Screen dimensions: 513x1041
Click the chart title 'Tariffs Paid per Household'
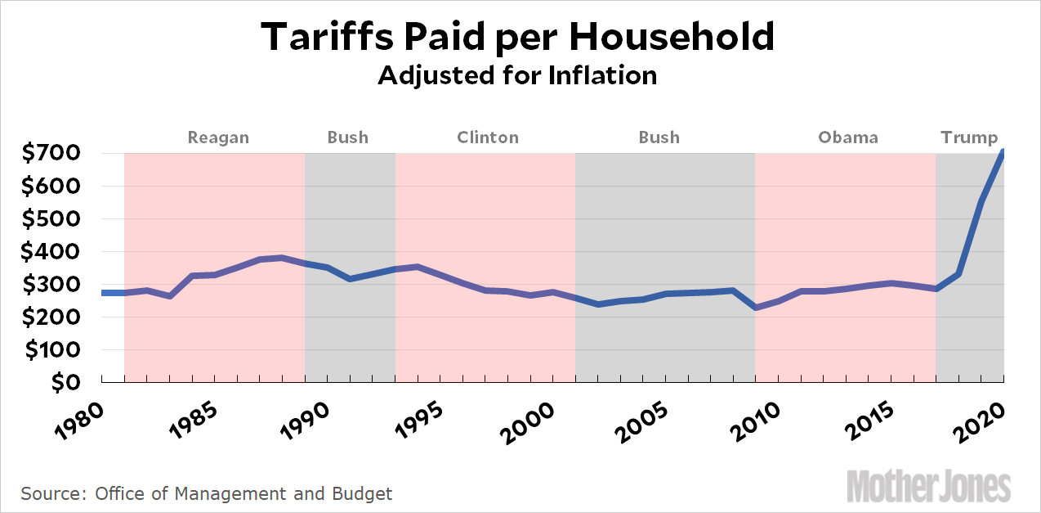pyautogui.click(x=517, y=37)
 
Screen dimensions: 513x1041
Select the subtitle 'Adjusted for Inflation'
pyautogui.click(x=517, y=75)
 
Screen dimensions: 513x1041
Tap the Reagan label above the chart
pyautogui.click(x=218, y=137)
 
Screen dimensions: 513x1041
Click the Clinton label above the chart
pyautogui.click(x=487, y=137)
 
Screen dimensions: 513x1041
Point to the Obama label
pyautogui.click(x=848, y=137)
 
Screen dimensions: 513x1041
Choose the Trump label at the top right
pyautogui.click(x=969, y=137)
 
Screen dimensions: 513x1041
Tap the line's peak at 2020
pyautogui.click(x=1003, y=153)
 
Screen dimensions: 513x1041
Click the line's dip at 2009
pyautogui.click(x=755, y=307)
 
